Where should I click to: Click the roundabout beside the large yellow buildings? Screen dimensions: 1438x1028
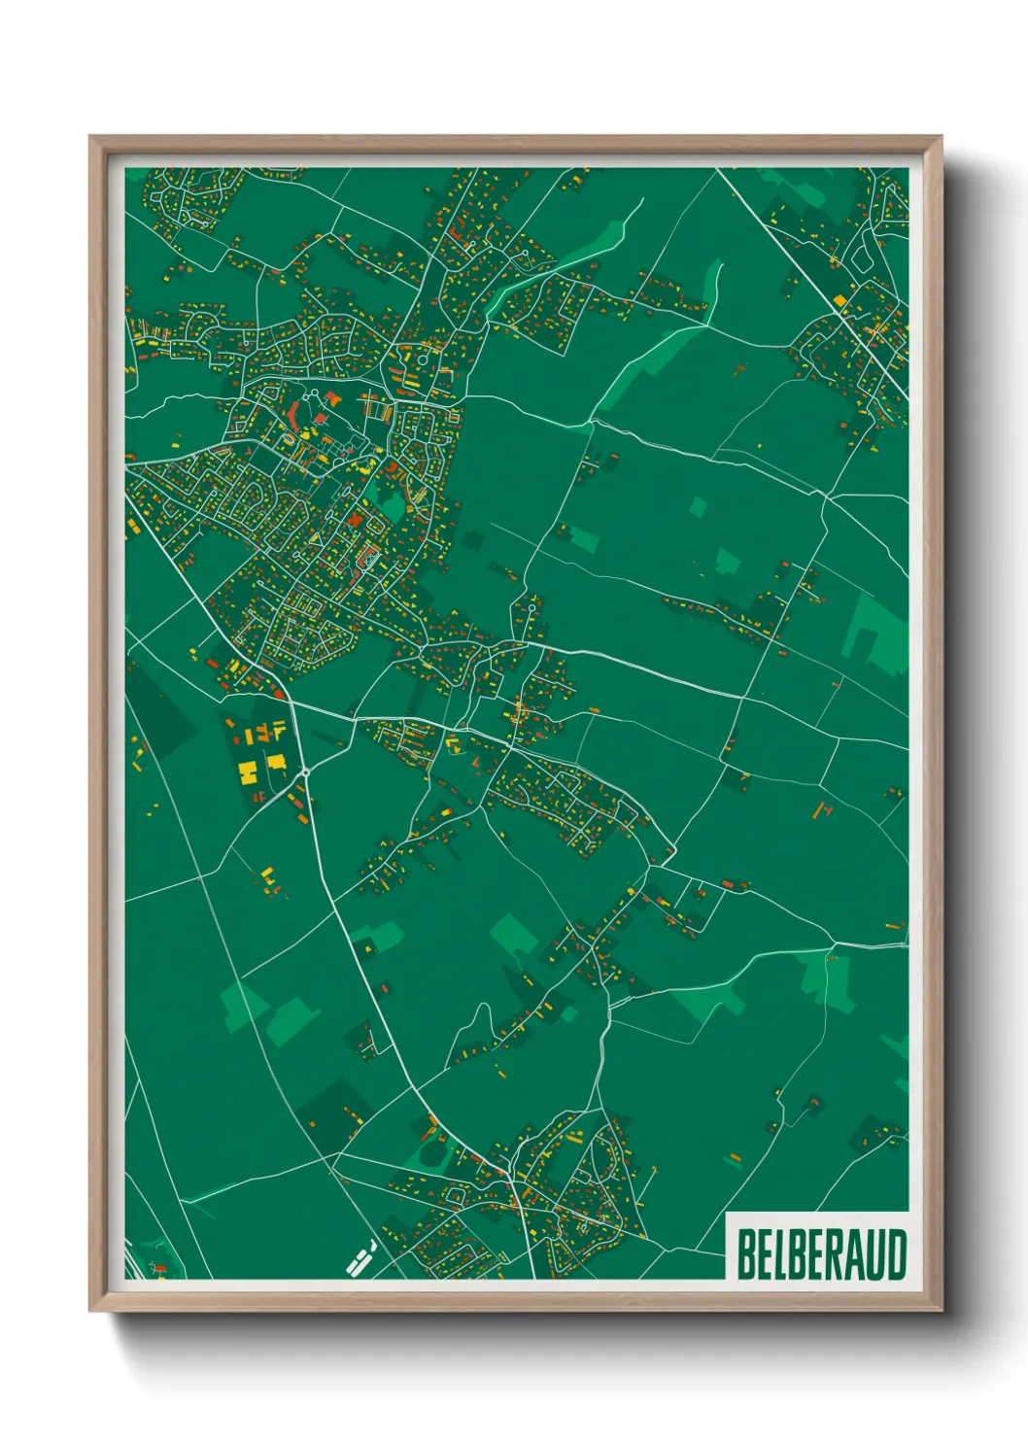306,772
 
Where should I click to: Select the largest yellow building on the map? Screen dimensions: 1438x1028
248,772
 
